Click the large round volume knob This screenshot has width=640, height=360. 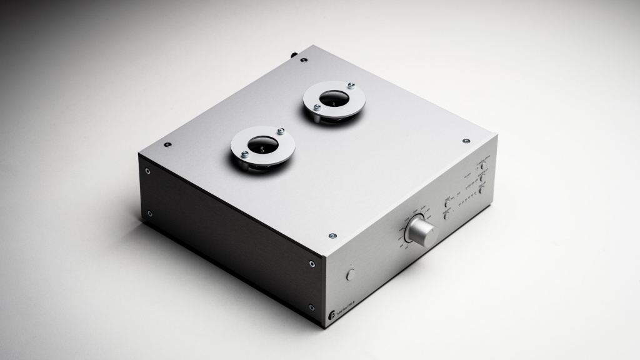(x=421, y=232)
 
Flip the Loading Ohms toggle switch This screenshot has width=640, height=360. (x=482, y=166)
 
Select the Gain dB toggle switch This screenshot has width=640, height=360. (x=481, y=189)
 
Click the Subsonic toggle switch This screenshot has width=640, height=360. (x=446, y=215)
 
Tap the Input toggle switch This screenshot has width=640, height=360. (x=446, y=203)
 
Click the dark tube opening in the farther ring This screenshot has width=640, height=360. (x=334, y=98)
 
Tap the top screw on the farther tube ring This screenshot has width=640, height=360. (x=351, y=85)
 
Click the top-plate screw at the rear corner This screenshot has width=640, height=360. (x=304, y=60)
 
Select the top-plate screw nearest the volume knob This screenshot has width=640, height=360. (x=332, y=236)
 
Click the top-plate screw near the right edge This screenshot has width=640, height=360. (x=466, y=141)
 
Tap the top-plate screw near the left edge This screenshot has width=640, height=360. (x=167, y=144)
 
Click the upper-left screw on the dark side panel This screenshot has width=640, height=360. (x=148, y=169)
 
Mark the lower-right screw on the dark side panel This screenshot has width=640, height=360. (x=311, y=307)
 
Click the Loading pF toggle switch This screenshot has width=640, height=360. (x=482, y=177)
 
